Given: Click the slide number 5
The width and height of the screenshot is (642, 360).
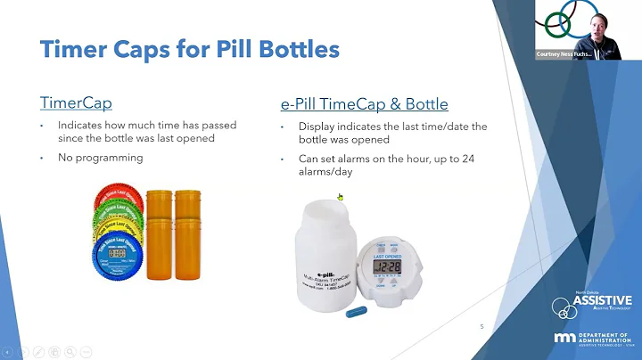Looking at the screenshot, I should click(x=481, y=327).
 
